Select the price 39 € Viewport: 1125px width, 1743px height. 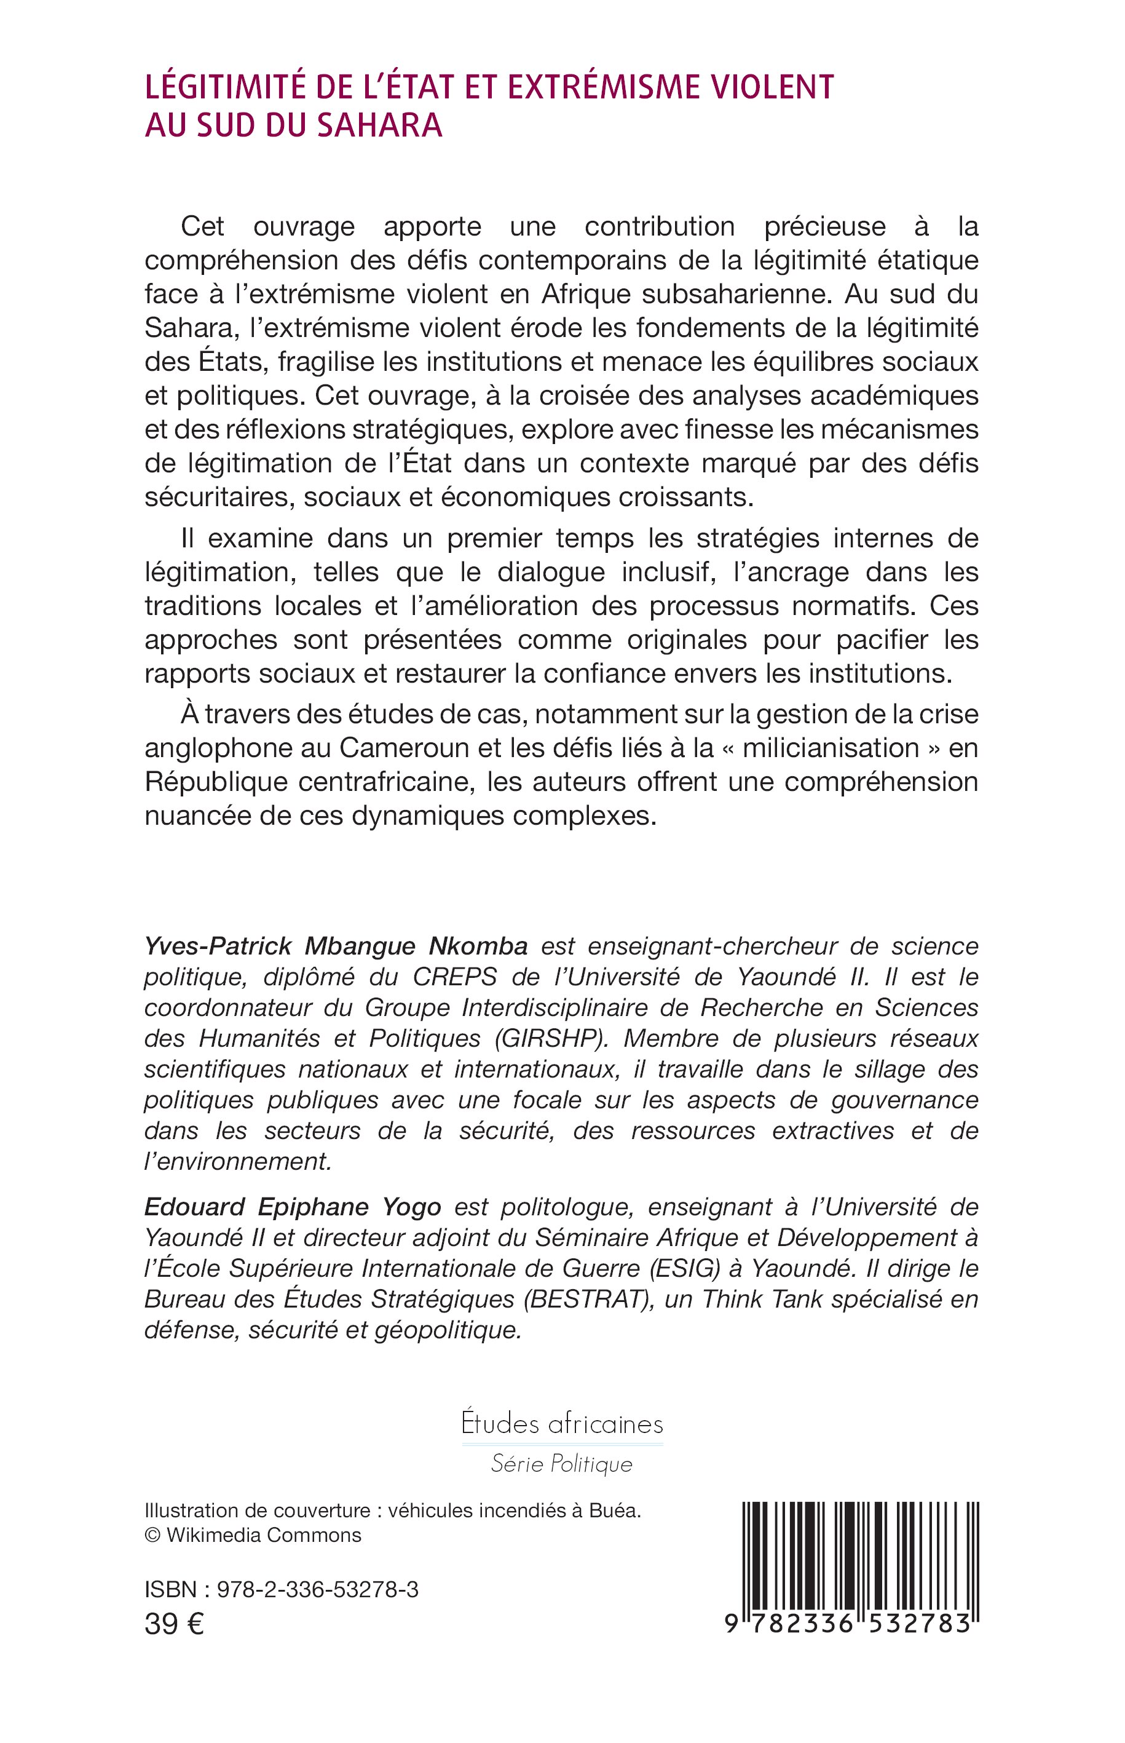point(174,1625)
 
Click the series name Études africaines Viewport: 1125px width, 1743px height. point(562,1424)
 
